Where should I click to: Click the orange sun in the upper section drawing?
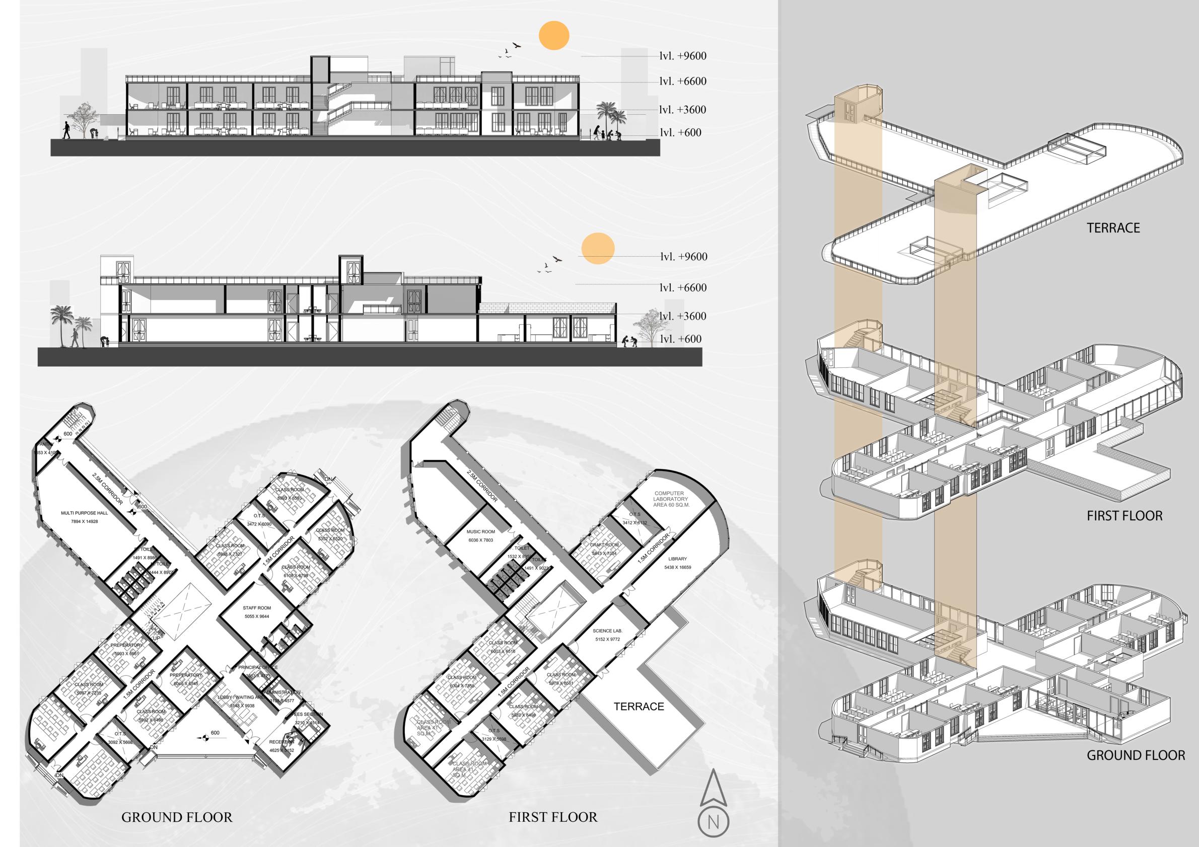coord(553,36)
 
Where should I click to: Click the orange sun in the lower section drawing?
coord(598,248)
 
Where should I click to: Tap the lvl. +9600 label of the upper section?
coord(682,56)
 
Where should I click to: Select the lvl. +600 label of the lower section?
coord(680,339)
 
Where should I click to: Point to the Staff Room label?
coord(257,608)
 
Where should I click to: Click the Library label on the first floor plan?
coord(677,559)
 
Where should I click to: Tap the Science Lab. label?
coord(607,631)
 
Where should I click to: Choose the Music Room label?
coord(480,532)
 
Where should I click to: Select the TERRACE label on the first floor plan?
coord(639,707)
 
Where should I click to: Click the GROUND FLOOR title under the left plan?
coord(177,817)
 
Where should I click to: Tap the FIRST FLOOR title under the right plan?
coord(553,817)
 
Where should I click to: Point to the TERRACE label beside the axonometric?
coord(1113,228)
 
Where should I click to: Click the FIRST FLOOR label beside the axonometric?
coord(1125,516)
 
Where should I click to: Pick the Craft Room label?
coord(605,545)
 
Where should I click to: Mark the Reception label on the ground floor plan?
coord(281,742)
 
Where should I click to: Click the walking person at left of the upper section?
coord(66,130)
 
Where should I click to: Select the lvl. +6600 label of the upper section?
coord(682,82)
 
